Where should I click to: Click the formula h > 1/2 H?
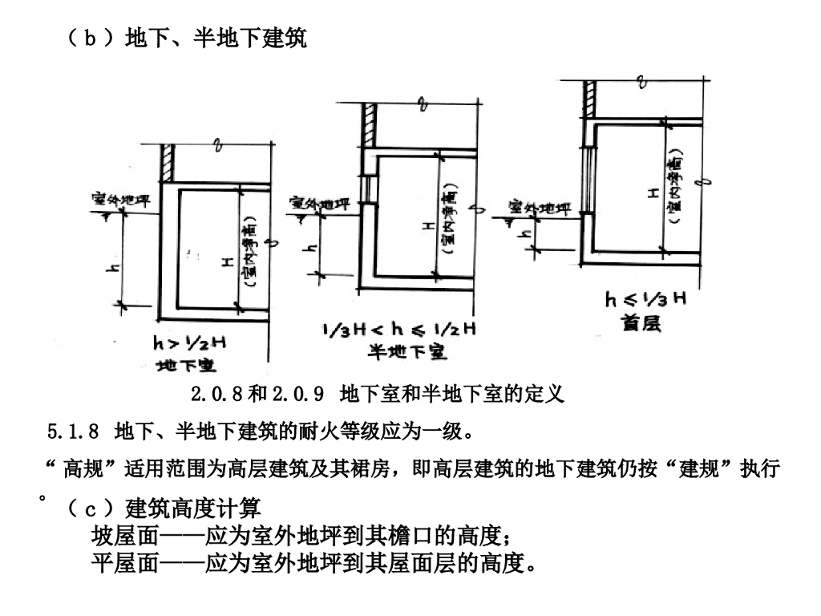[x=189, y=343]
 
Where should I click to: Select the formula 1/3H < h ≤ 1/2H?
[x=399, y=329]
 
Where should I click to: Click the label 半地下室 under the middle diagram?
[x=407, y=351]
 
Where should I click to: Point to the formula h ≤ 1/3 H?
[x=645, y=301]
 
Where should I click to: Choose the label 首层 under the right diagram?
[x=641, y=324]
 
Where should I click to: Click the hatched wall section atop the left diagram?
[x=167, y=163]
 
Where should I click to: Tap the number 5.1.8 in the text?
[x=73, y=432]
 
